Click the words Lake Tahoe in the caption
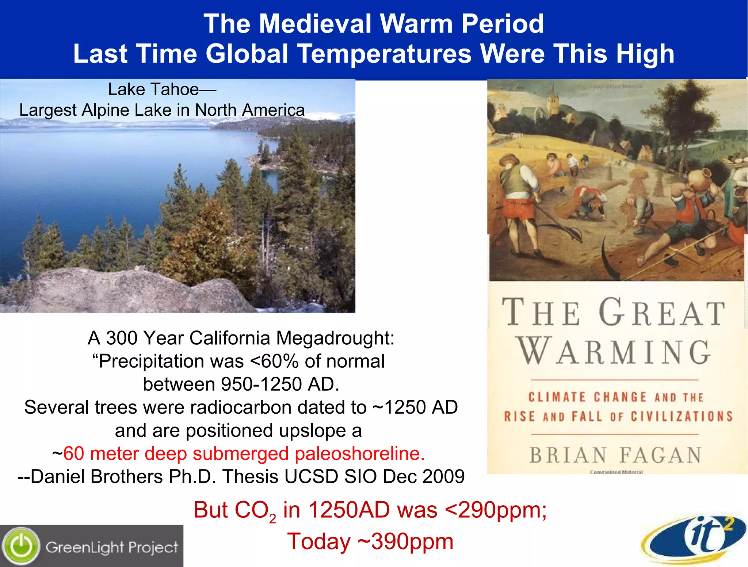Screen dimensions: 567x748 tap(153, 89)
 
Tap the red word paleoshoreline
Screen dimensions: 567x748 tap(360, 453)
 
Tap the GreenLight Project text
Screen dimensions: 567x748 tap(112, 547)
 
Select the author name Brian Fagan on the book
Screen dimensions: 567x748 tap(615, 455)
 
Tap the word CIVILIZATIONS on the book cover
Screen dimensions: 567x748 tap(682, 416)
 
